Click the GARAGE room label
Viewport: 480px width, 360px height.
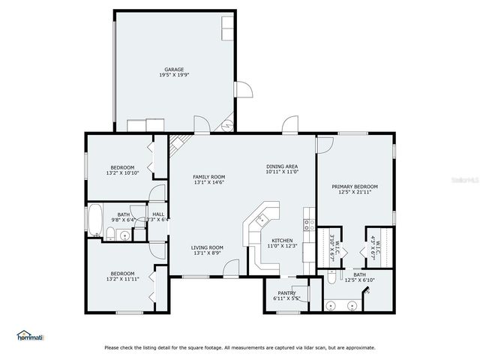tap(175, 70)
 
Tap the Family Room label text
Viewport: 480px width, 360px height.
tap(209, 177)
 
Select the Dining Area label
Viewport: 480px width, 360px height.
tap(282, 166)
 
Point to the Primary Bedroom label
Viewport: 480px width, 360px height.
tap(355, 187)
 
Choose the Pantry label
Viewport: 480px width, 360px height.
tap(286, 293)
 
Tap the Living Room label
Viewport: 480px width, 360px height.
tap(207, 247)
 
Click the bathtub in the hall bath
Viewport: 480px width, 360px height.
tap(94, 220)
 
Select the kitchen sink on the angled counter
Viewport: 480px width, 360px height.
tap(262, 220)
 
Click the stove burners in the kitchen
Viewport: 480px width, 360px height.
tap(307, 223)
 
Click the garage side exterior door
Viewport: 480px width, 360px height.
tap(242, 90)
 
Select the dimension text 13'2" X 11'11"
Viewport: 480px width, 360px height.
tap(123, 279)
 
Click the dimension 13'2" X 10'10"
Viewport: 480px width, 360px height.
tap(123, 173)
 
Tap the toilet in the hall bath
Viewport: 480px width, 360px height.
tap(109, 235)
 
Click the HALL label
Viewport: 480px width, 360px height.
tap(157, 214)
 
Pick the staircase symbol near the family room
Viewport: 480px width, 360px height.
tap(178, 142)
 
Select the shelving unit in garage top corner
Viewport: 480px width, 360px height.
tap(227, 28)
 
